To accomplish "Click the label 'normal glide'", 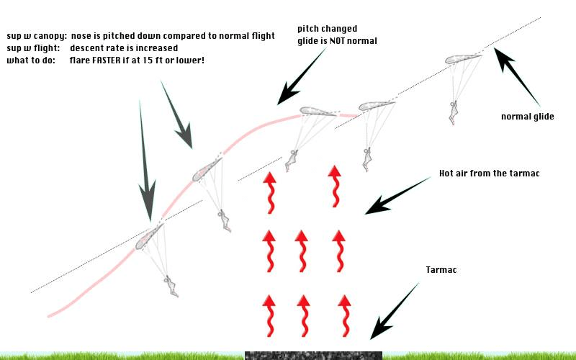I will pos(527,117).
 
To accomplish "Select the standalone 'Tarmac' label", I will pos(441,270).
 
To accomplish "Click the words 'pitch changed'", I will pos(327,29).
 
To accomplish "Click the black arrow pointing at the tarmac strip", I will pos(395,310).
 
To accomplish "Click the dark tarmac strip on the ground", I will pos(313,355).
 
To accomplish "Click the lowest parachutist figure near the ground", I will pos(171,286).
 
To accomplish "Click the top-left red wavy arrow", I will pos(269,191).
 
